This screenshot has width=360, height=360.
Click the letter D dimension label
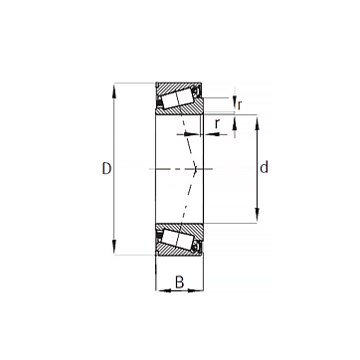click(x=106, y=169)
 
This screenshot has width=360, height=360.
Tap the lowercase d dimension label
click(x=264, y=168)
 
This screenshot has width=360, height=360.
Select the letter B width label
click(x=179, y=282)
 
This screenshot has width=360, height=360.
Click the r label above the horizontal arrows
click(x=217, y=124)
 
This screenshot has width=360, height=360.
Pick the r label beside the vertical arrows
click(x=240, y=104)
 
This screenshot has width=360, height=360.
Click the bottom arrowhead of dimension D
click(x=114, y=247)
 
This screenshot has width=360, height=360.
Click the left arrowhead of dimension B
click(x=164, y=290)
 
